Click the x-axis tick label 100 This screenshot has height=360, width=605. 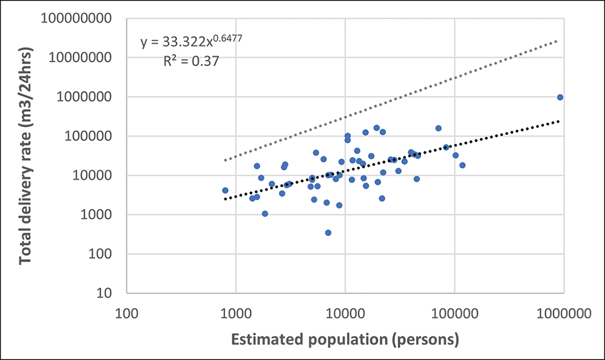coord(126,313)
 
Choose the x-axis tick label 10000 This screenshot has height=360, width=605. coord(345,313)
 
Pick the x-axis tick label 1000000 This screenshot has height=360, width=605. coord(563,313)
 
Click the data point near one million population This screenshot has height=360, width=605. coord(560,97)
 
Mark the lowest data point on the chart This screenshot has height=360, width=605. coord(328,233)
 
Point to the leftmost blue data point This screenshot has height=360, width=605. coord(225,191)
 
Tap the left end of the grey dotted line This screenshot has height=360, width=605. coord(225,160)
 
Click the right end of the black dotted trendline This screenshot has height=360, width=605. coord(559,121)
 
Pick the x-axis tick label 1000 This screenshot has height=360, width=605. coord(236,313)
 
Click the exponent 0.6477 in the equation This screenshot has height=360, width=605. coord(220,38)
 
